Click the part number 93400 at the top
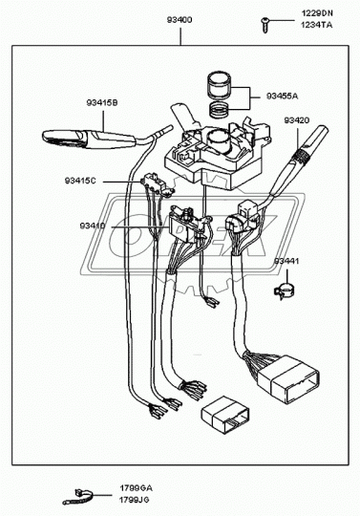tap(179, 20)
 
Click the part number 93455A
tap(283, 97)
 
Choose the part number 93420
tap(296, 121)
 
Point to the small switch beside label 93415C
tap(149, 182)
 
